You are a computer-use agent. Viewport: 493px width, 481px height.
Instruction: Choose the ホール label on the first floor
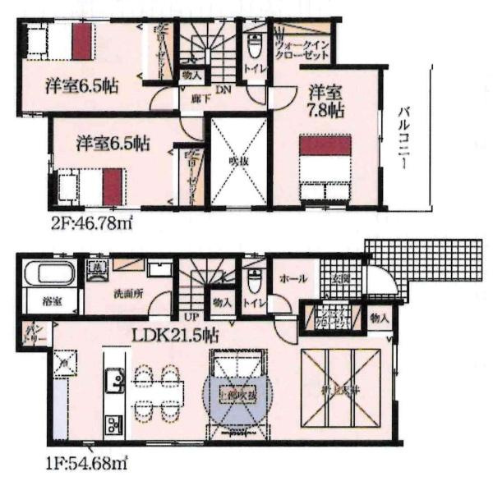coord(293,279)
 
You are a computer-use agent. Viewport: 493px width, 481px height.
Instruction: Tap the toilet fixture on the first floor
coord(254,281)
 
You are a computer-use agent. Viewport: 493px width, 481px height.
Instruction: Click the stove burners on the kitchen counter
coord(112,425)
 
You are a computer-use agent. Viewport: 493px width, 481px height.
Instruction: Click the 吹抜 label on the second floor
coord(238,159)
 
